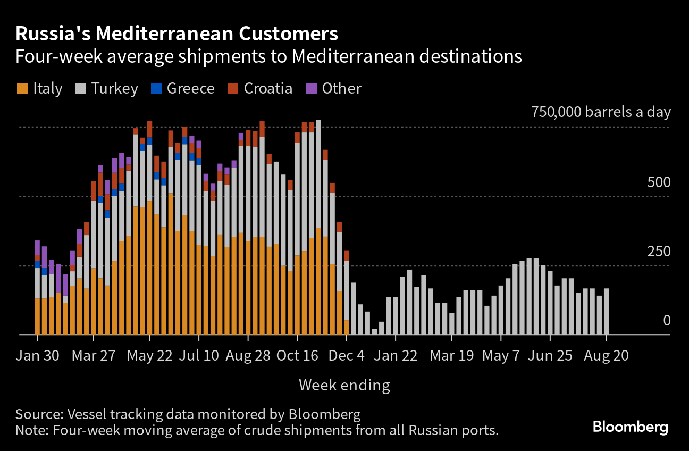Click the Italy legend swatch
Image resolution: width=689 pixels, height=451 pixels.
(22, 88)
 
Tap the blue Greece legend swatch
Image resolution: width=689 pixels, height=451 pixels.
(156, 88)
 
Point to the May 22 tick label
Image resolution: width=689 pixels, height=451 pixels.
(150, 356)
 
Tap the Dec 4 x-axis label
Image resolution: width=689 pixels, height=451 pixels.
(346, 356)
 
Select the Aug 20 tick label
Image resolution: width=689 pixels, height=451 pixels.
(606, 356)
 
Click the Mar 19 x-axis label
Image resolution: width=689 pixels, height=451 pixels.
(451, 356)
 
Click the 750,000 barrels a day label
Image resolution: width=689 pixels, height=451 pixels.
(601, 112)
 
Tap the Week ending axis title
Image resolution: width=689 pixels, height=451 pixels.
(344, 385)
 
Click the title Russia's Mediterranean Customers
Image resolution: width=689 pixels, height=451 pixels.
(177, 34)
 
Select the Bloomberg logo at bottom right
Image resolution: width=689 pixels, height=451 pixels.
(630, 427)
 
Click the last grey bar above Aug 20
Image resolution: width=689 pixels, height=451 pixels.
(606, 311)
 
